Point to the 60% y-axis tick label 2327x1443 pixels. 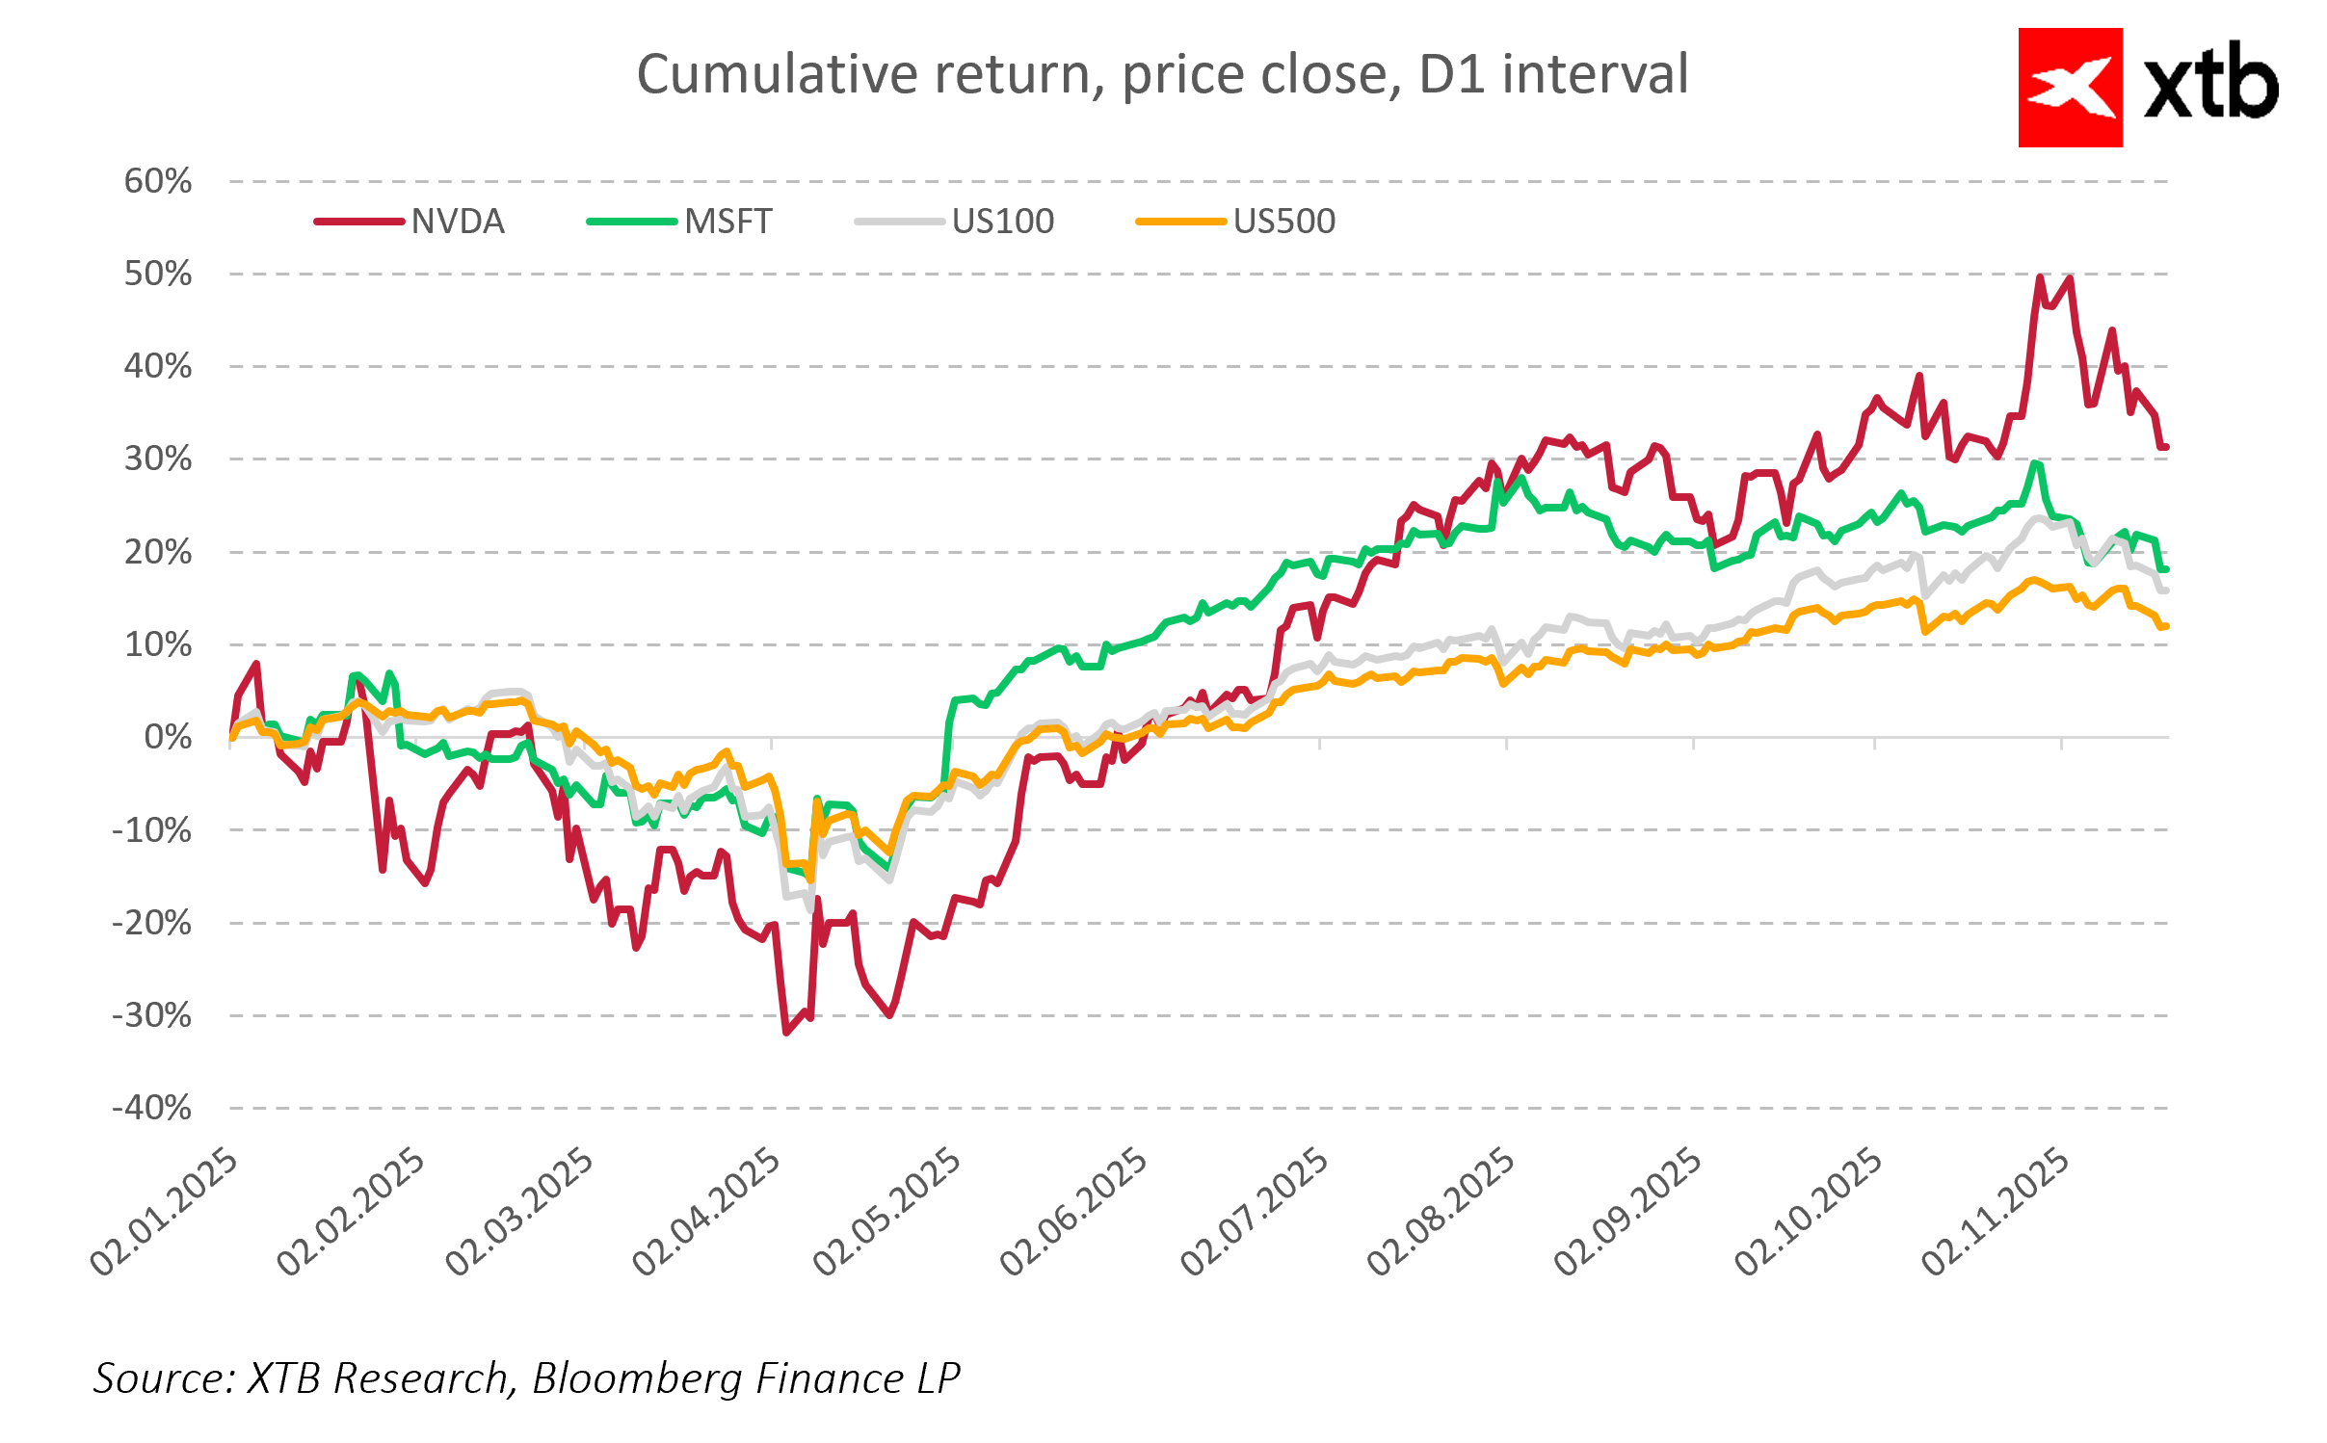point(158,181)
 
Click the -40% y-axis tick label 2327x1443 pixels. point(152,1108)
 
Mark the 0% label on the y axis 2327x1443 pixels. point(168,738)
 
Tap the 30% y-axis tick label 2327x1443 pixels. point(158,459)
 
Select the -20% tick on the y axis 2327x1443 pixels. point(152,923)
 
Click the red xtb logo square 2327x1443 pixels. point(2070,88)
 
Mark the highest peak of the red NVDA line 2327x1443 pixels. point(2040,277)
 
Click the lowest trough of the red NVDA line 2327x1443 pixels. point(786,1033)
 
